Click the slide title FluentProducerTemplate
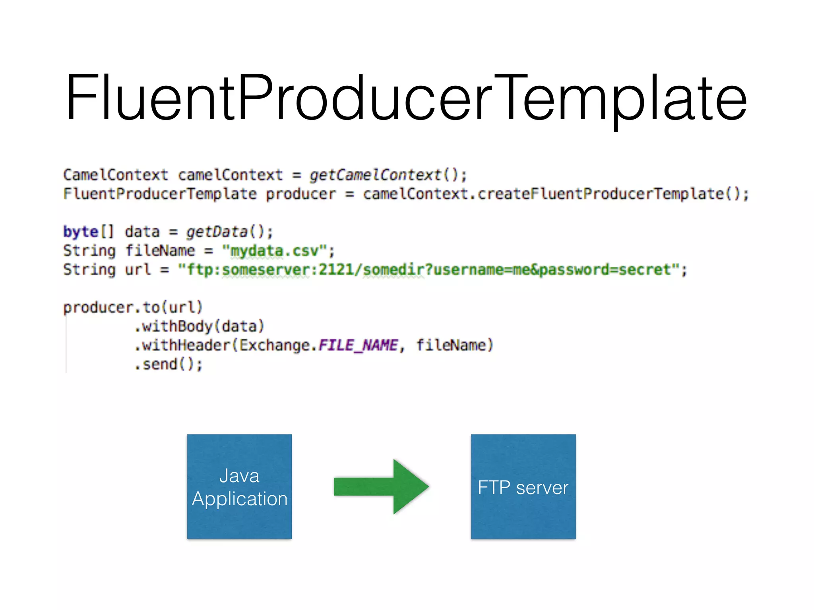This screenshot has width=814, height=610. [406, 98]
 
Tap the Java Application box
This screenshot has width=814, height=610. [239, 486]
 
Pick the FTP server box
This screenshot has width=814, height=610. [523, 486]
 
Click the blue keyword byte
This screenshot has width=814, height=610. [81, 232]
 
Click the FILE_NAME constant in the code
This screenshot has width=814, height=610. [358, 345]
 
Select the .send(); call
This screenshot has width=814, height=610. [169, 364]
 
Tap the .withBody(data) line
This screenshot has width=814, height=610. [199, 326]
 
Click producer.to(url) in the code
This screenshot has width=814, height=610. [133, 307]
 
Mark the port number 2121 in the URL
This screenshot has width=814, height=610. [336, 270]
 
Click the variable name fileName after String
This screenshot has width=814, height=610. [160, 251]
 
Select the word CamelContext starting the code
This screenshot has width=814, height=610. [115, 175]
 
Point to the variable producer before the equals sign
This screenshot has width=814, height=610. [300, 194]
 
